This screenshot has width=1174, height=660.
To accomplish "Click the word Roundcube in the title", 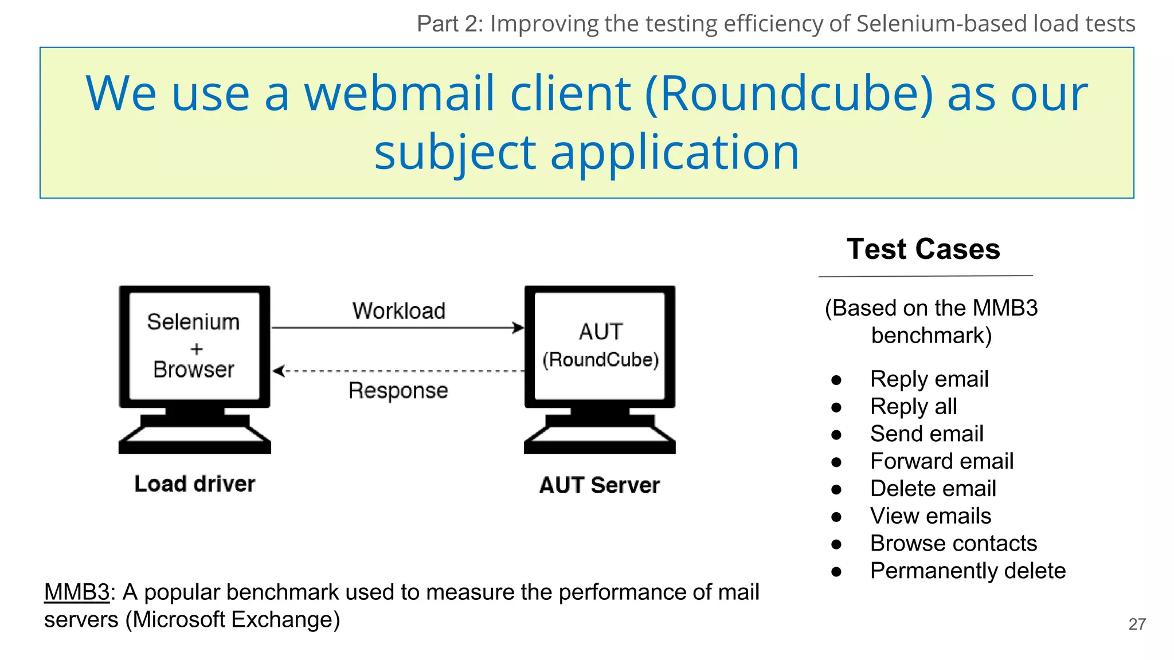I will [789, 93].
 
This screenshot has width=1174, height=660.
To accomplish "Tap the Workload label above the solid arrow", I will [399, 311].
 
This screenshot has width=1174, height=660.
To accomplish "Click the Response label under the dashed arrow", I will [398, 391].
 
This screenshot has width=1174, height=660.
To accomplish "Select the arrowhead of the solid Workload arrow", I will [518, 328].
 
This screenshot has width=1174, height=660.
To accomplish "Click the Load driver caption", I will [194, 484].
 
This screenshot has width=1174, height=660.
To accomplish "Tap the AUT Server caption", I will [600, 485].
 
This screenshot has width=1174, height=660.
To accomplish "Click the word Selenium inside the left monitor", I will [193, 322].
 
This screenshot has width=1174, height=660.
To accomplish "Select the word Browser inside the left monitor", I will [194, 370].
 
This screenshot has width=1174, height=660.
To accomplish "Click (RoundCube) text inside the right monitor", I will [600, 360].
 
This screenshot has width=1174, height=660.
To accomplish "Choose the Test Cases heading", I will [923, 249].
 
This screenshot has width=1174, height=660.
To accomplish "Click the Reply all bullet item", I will [913, 407].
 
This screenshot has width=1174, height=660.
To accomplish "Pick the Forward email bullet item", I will [941, 461].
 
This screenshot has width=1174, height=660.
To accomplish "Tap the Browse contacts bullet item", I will [953, 543].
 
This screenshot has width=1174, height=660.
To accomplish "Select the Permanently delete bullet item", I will [968, 571].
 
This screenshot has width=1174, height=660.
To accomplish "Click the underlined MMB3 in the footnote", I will [76, 592].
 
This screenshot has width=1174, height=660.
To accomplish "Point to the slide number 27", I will [1137, 624].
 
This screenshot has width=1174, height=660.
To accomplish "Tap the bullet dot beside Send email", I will [836, 435].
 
